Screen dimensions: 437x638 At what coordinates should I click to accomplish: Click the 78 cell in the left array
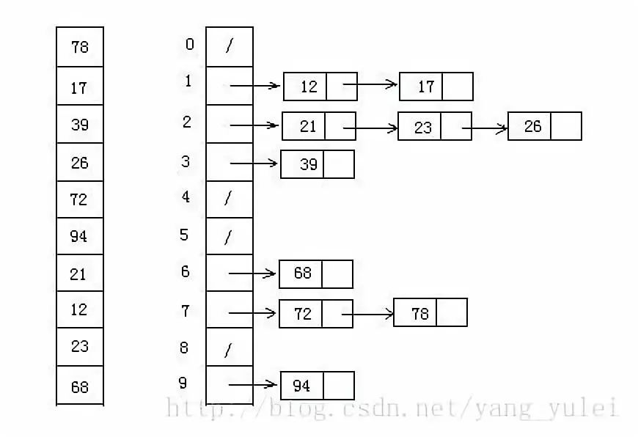click(x=80, y=47)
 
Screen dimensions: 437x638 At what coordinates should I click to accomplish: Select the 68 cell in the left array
click(x=80, y=386)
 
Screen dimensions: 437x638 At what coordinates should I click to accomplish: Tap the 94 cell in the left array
click(x=80, y=236)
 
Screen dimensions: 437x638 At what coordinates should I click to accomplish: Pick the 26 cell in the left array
click(x=80, y=162)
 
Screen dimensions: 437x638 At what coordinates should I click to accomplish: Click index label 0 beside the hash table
click(x=189, y=45)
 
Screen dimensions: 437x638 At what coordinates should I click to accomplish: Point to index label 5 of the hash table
click(x=184, y=235)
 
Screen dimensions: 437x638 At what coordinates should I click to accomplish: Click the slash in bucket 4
click(x=228, y=199)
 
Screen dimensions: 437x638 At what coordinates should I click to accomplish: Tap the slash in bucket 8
click(x=228, y=350)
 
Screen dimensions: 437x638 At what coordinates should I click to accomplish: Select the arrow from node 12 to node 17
click(x=370, y=85)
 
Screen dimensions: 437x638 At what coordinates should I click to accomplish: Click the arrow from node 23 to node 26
click(x=485, y=130)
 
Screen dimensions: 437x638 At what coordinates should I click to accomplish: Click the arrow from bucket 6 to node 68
click(x=254, y=274)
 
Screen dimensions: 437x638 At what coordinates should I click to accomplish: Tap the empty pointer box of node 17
click(x=458, y=87)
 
